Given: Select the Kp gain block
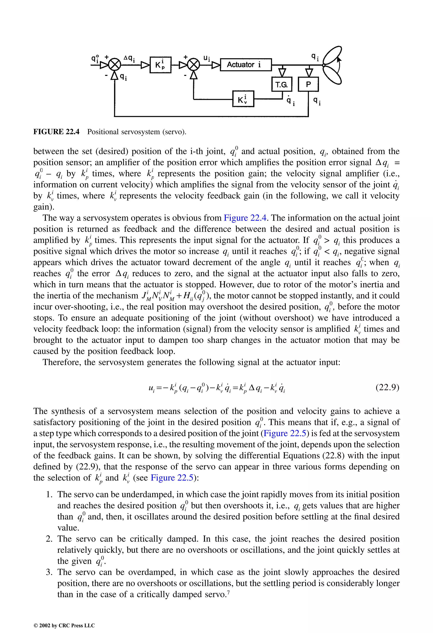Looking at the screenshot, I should tap(160, 65).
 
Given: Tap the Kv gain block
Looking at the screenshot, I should tap(243, 99).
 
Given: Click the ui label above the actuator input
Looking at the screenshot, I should tap(207, 58).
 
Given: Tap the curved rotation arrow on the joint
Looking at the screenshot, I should tap(339, 64).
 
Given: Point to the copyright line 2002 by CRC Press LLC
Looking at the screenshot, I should tap(64, 625).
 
